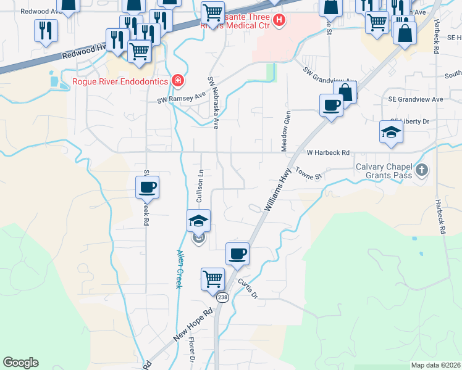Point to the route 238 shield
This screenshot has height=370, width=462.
point(223,297)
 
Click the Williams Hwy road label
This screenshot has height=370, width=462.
point(277,192)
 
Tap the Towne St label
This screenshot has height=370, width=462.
point(309,174)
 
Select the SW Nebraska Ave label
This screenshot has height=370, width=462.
point(214,102)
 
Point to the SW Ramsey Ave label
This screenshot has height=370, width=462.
point(180,97)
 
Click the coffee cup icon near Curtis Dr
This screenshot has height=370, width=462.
point(237,254)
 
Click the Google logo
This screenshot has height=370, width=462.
point(20,363)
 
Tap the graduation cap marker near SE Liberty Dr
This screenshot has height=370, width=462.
point(390,132)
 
